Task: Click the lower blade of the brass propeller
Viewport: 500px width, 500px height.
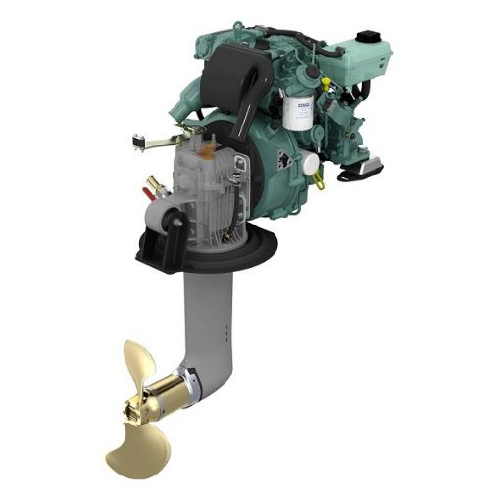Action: [128, 452]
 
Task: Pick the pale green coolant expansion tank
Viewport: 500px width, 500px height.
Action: [368, 55]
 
